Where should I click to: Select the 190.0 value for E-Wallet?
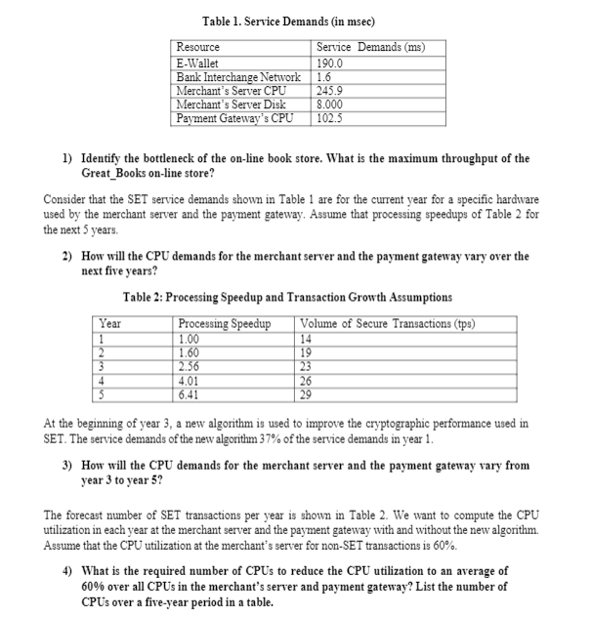click(x=332, y=63)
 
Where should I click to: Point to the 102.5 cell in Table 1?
click(x=332, y=118)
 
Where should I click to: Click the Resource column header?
click(x=198, y=47)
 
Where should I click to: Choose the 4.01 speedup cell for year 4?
click(x=191, y=383)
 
